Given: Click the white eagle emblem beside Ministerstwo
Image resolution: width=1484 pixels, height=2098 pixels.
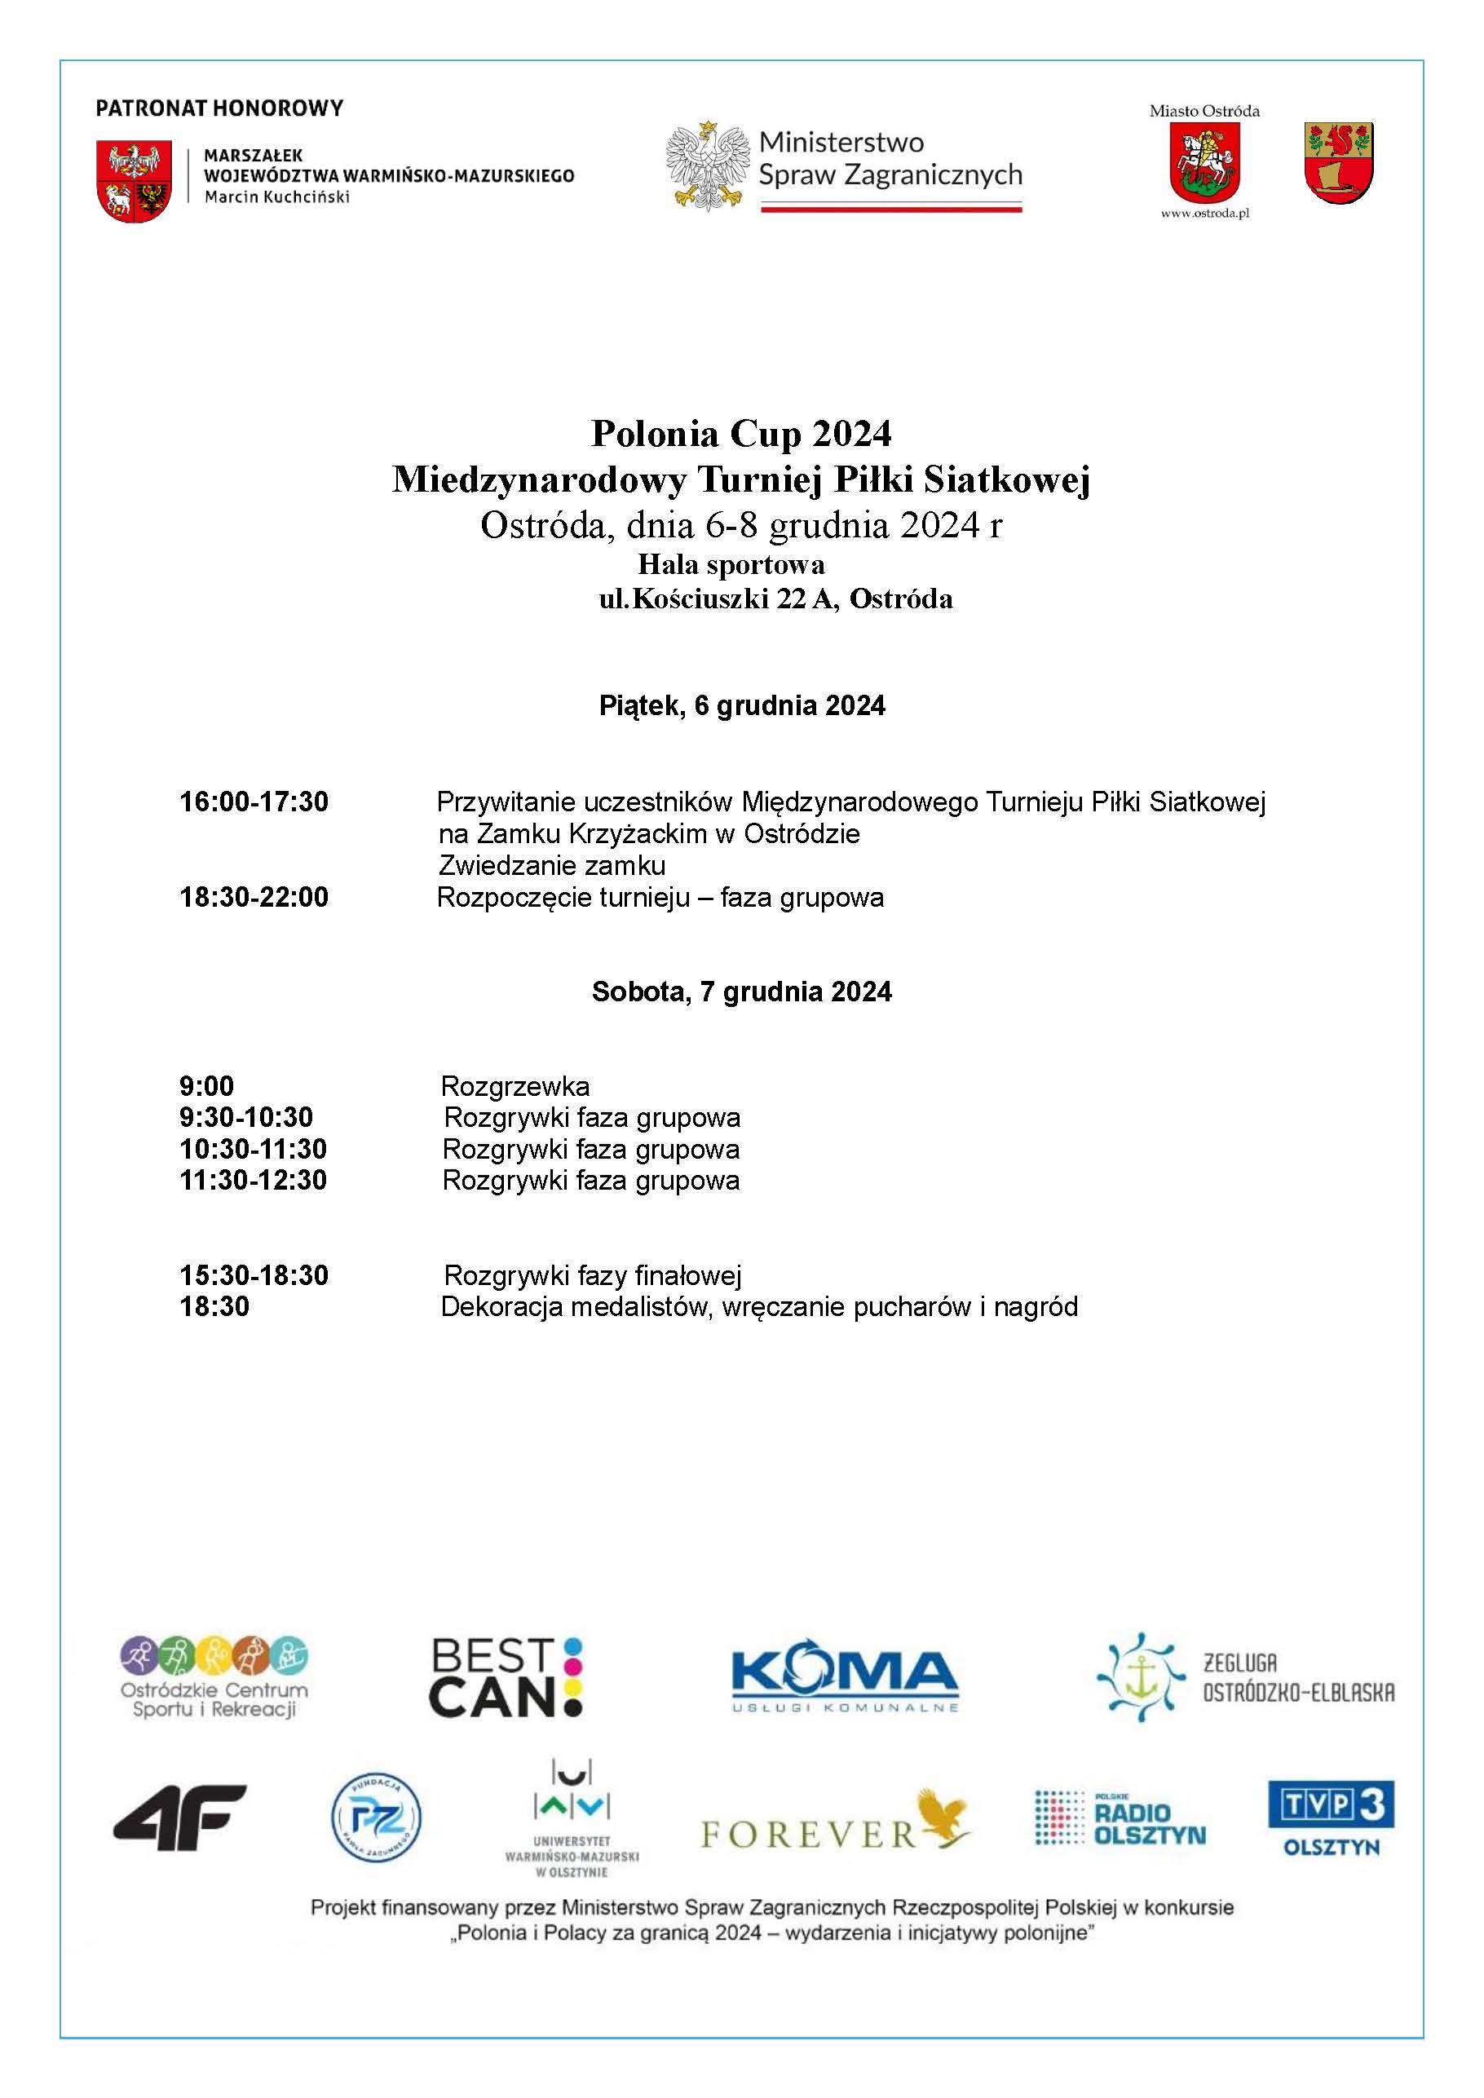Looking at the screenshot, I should click(x=706, y=166).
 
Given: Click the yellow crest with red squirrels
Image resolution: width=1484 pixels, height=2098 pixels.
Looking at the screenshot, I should click(x=1339, y=161).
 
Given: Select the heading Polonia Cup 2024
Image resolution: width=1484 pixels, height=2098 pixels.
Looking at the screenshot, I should click(x=741, y=433).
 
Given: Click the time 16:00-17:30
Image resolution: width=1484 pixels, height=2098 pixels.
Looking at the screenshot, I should click(x=253, y=802).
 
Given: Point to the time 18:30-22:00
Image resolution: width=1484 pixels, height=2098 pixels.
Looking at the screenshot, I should click(x=253, y=897).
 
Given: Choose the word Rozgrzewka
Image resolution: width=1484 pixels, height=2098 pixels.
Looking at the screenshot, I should click(x=515, y=1086).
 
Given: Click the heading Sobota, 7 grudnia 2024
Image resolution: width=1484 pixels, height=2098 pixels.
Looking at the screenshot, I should click(x=741, y=992).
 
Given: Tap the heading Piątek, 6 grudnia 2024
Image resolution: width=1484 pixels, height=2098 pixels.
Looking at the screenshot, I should click(x=741, y=705).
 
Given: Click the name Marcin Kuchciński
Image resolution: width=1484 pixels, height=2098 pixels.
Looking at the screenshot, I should click(x=277, y=197).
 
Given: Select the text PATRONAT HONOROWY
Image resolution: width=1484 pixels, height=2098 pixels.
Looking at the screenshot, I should click(x=219, y=108).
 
